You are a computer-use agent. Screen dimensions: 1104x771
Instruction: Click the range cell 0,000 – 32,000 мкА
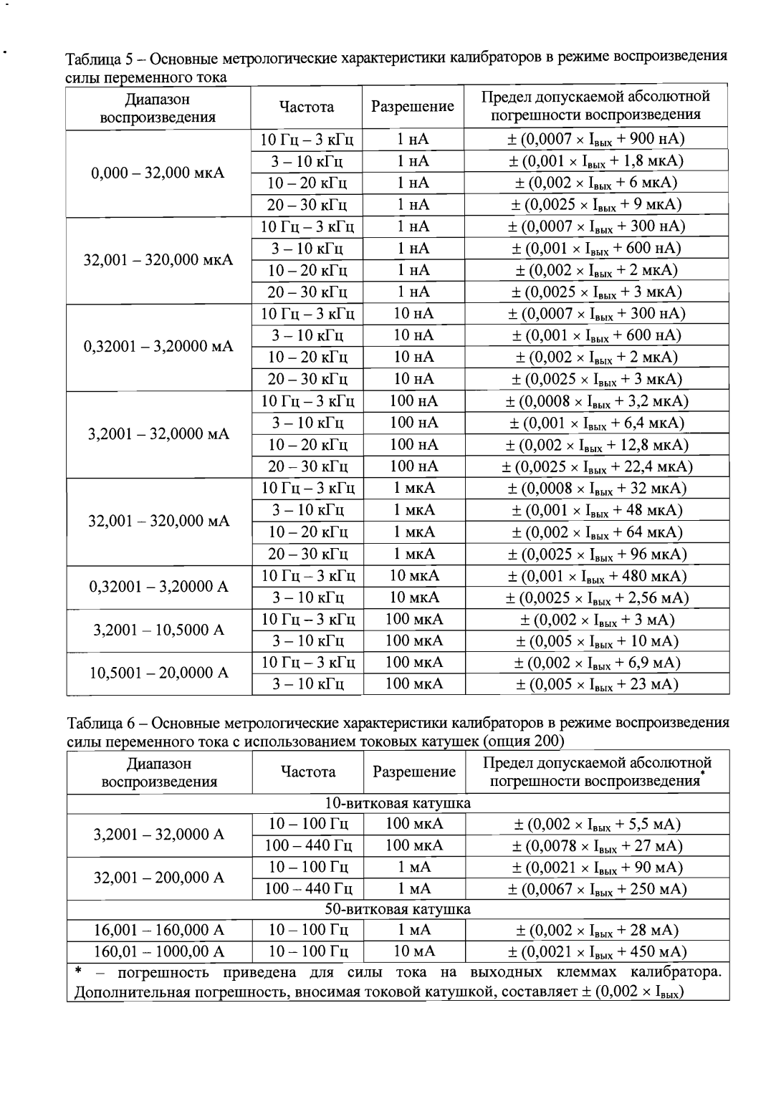click(158, 173)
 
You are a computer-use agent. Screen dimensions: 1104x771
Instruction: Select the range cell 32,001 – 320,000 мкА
click(158, 259)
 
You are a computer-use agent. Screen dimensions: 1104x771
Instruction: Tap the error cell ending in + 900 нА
click(596, 139)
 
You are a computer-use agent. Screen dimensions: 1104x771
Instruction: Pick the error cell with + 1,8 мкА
click(596, 161)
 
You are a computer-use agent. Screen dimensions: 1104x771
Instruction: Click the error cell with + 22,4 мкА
click(596, 467)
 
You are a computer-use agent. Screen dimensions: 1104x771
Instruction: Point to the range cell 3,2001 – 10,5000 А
click(158, 630)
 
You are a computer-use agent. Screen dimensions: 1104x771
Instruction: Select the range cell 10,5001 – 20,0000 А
click(158, 673)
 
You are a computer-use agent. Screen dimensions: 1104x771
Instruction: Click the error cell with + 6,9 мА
click(596, 663)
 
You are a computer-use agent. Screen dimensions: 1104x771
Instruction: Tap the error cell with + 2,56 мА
click(596, 597)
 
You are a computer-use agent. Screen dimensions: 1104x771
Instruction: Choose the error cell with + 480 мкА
click(596, 576)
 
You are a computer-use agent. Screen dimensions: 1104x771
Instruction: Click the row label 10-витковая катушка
click(398, 802)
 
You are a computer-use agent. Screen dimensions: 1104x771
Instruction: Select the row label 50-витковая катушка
click(398, 909)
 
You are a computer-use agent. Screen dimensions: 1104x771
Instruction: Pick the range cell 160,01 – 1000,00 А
click(159, 951)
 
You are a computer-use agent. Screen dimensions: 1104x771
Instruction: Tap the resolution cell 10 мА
click(413, 951)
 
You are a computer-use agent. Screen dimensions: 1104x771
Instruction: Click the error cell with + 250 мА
click(596, 889)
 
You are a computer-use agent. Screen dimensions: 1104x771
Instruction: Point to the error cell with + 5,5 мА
click(596, 825)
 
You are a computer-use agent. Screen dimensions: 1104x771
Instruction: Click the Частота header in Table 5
click(307, 107)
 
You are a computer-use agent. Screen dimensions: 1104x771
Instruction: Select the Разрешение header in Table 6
click(414, 772)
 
